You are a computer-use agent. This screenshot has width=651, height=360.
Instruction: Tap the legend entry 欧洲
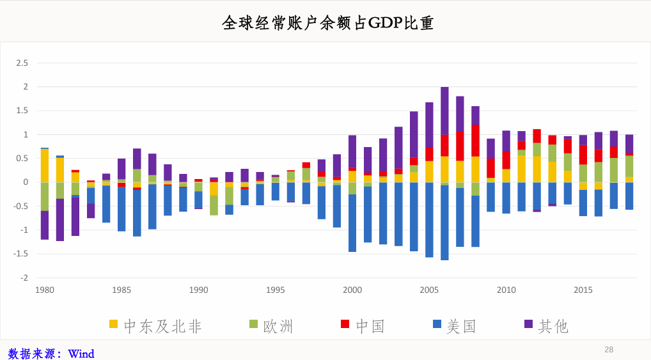coord(271,326)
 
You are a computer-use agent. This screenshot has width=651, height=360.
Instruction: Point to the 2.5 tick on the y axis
coord(22,63)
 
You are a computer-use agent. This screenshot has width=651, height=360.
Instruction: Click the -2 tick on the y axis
coord(24,278)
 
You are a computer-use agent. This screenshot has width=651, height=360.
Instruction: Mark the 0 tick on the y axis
coord(26,182)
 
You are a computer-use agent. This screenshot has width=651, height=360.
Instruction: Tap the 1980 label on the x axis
coord(45,290)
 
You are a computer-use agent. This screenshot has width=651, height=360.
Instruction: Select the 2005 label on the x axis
coord(429,290)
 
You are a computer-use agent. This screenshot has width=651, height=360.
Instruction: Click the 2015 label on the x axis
coord(583,290)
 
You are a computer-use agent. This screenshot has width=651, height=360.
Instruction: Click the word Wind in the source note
coord(81,354)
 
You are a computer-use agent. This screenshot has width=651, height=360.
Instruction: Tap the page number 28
coord(609,350)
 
